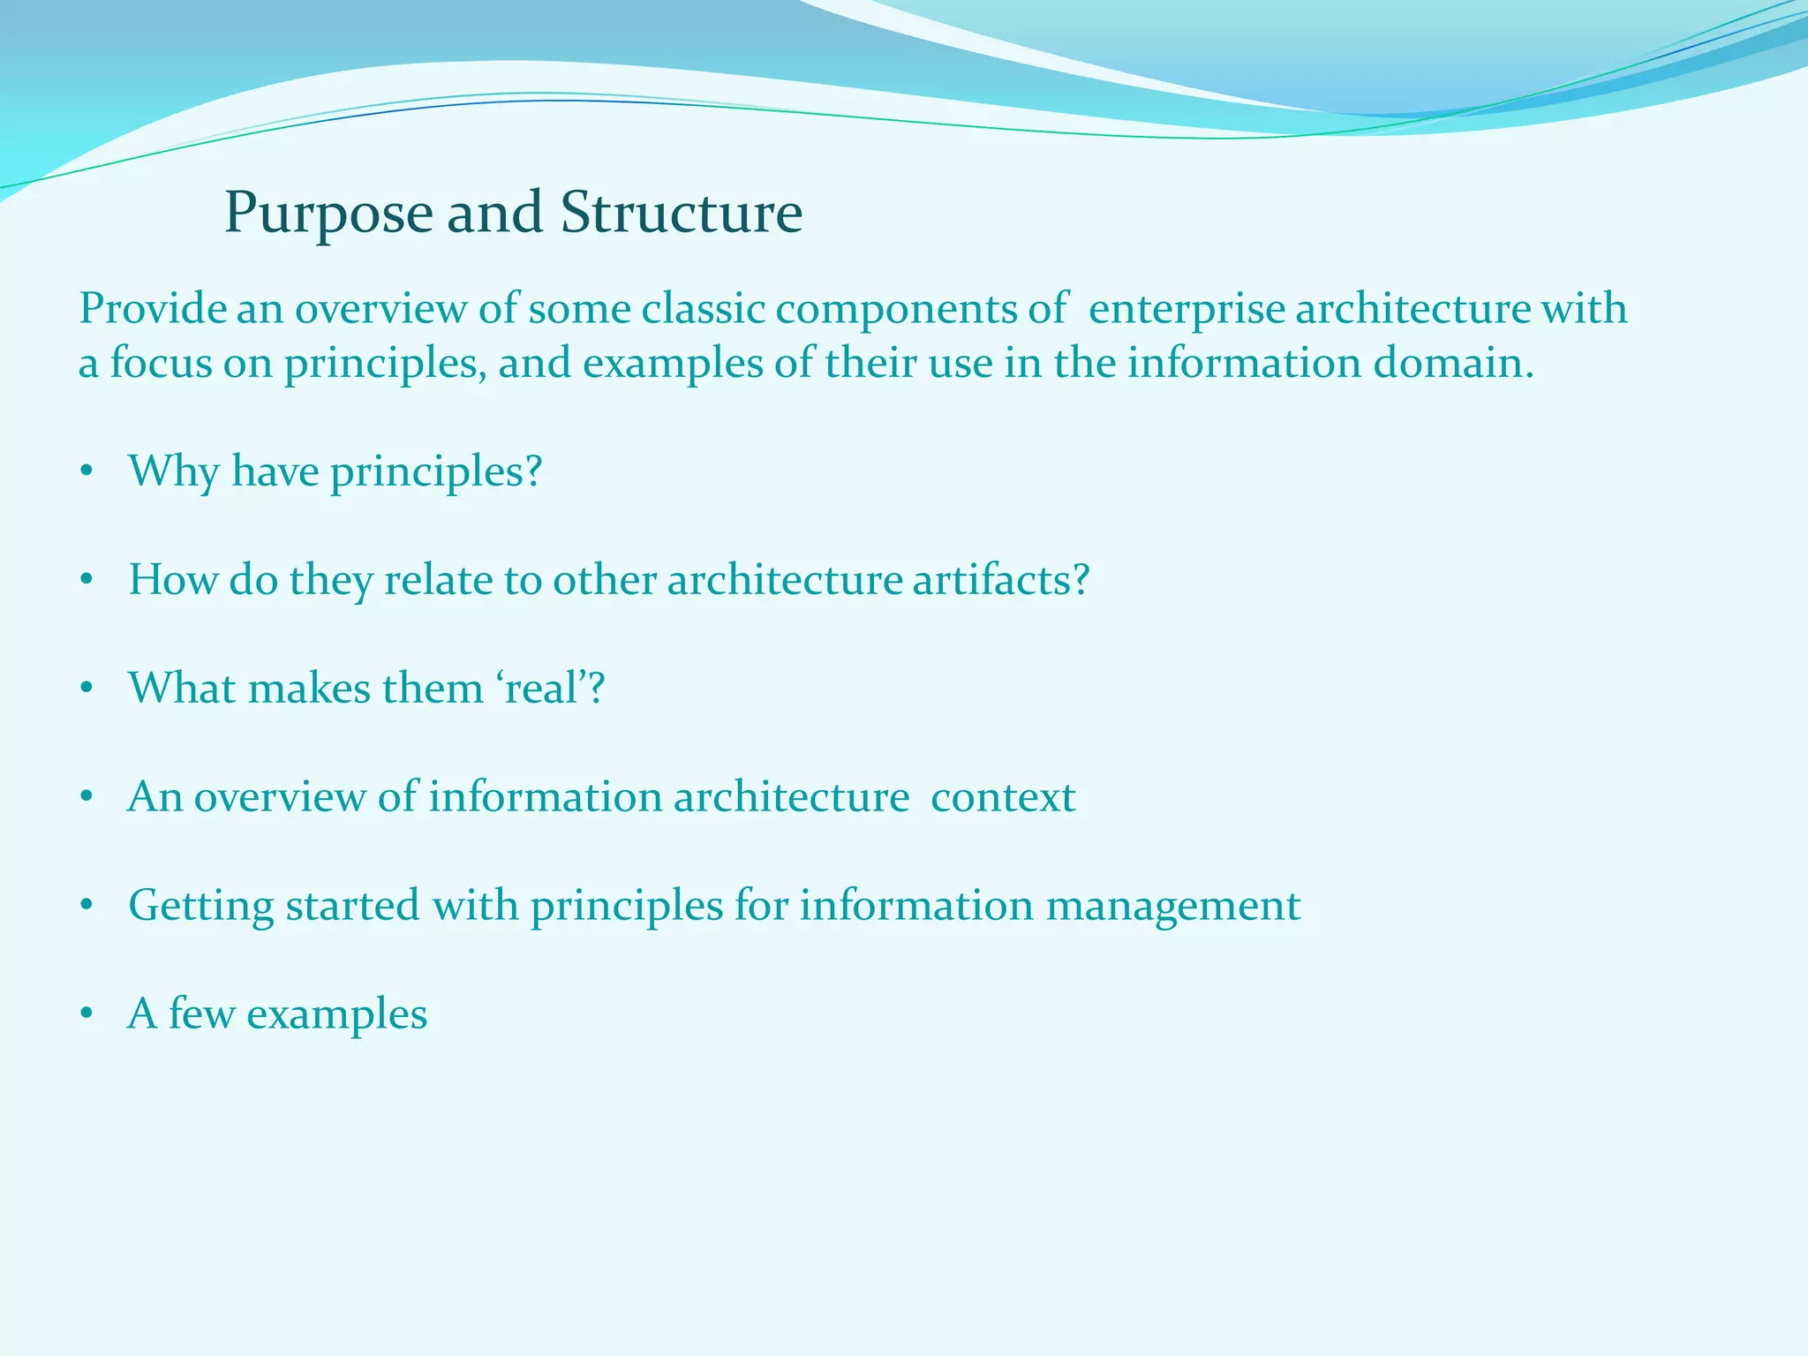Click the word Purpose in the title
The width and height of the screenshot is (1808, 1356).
[328, 215]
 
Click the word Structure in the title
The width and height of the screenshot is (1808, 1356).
[682, 213]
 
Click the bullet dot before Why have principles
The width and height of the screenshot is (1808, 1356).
[86, 472]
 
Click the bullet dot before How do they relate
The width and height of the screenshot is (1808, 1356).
[86, 581]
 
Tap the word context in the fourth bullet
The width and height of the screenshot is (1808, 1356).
[1003, 797]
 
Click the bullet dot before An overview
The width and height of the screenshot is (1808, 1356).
[86, 798]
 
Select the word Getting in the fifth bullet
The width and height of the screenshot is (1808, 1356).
[201, 907]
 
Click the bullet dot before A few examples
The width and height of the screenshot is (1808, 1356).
[86, 1015]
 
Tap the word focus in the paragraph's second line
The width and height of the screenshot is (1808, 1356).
[161, 364]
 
